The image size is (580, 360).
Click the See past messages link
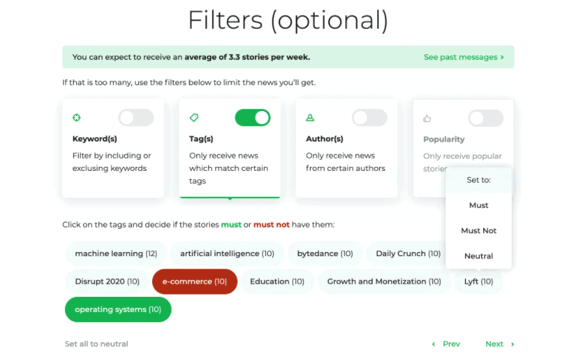(x=464, y=57)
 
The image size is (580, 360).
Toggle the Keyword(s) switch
(x=136, y=118)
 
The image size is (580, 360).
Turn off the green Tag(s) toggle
(x=253, y=118)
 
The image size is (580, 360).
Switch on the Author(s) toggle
(x=369, y=118)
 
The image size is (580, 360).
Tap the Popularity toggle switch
(x=486, y=118)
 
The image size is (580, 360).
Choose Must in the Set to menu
(x=479, y=205)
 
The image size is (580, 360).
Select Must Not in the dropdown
(x=479, y=231)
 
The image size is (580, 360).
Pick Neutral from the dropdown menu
(x=479, y=256)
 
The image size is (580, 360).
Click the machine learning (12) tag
(x=116, y=253)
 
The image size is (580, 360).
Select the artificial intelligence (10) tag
(x=227, y=253)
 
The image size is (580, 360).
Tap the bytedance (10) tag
(x=325, y=253)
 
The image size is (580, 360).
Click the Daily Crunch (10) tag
(x=406, y=253)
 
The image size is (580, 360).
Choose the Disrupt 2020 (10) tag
(x=107, y=281)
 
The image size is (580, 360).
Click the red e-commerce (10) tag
(x=194, y=281)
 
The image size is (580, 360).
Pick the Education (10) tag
(x=277, y=281)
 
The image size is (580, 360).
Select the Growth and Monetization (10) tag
(x=384, y=281)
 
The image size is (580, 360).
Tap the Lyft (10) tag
(x=479, y=281)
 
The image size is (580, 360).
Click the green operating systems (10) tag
(x=118, y=310)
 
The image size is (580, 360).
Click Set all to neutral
(x=96, y=344)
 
